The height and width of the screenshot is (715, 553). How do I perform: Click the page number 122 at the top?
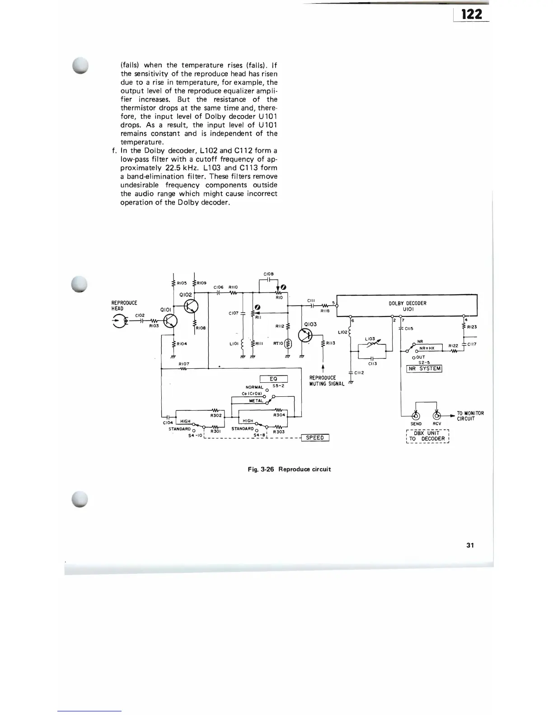472,14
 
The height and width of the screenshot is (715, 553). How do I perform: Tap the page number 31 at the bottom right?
470,545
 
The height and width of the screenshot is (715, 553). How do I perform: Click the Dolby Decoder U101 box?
407,306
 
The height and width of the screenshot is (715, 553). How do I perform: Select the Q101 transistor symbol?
171,320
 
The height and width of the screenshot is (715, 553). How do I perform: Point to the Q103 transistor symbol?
305,335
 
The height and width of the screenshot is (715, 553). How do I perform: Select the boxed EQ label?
273,379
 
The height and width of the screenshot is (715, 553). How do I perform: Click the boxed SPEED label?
315,437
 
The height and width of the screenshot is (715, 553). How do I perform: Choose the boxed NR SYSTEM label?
424,368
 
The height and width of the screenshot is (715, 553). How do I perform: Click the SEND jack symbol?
416,416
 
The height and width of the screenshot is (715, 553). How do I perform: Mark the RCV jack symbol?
437,416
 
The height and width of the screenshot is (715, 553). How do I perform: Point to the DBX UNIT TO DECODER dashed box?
427,436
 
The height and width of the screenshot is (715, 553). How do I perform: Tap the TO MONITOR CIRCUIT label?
470,416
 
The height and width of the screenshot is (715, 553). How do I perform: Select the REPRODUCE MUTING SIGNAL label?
326,381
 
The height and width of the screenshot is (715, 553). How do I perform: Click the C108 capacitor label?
268,274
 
